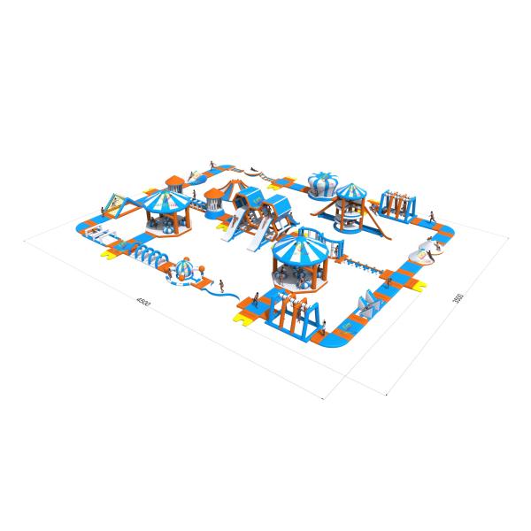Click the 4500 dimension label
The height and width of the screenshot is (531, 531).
pyautogui.click(x=141, y=302)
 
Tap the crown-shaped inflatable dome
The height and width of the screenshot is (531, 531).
pyautogui.click(x=318, y=181)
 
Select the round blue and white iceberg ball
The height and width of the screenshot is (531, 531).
pyautogui.click(x=185, y=270)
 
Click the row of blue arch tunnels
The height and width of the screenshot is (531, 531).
pyautogui.click(x=150, y=258)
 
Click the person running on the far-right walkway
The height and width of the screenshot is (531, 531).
pyautogui.click(x=430, y=218)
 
